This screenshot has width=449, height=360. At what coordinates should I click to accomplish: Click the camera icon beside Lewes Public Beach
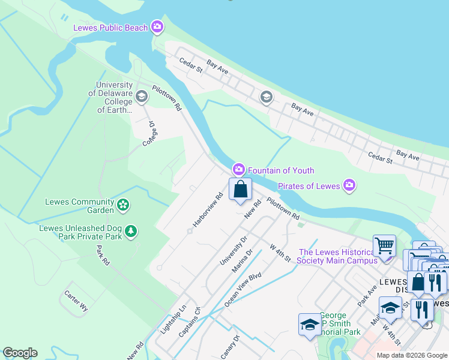coord(157,26)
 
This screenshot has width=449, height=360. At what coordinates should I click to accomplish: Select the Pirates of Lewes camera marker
coord(349,185)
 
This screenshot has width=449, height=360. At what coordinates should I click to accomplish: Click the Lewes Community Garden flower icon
coord(123,205)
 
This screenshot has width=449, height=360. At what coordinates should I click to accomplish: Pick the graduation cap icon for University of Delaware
coord(142,96)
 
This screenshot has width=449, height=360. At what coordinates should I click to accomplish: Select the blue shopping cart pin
coord(384,245)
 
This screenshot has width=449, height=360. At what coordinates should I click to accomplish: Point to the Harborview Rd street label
coord(208,209)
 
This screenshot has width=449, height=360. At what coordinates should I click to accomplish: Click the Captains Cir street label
coord(189,322)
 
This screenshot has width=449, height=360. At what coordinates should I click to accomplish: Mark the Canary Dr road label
coord(229,347)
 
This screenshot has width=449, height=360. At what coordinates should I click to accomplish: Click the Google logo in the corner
coord(20,353)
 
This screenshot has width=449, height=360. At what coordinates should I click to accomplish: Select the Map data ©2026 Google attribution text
coord(411,355)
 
